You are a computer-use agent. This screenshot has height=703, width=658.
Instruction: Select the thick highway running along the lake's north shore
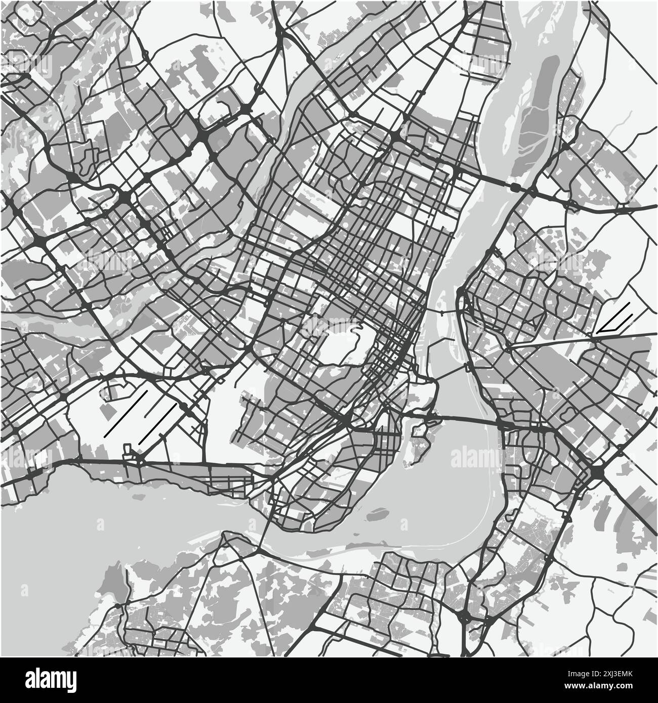point(152,461)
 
